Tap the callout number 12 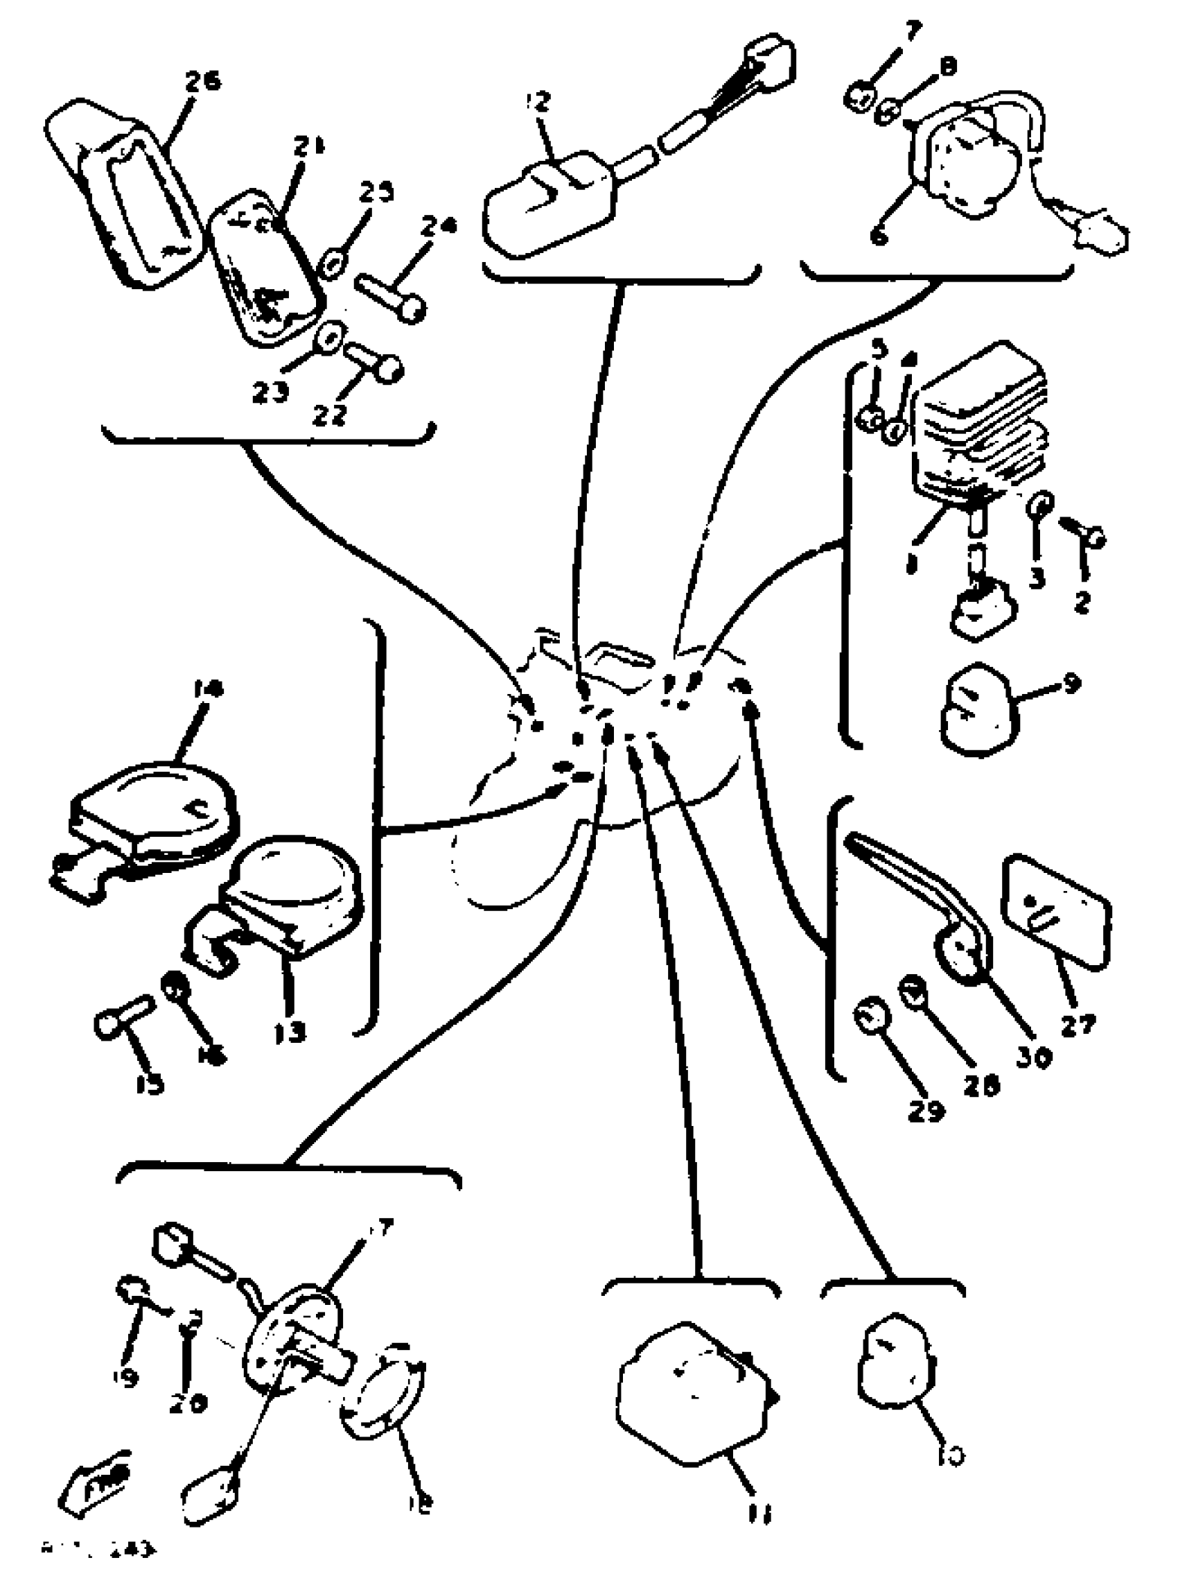[x=539, y=103]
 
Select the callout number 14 [x=207, y=690]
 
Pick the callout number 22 [x=329, y=415]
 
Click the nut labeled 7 [x=859, y=98]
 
